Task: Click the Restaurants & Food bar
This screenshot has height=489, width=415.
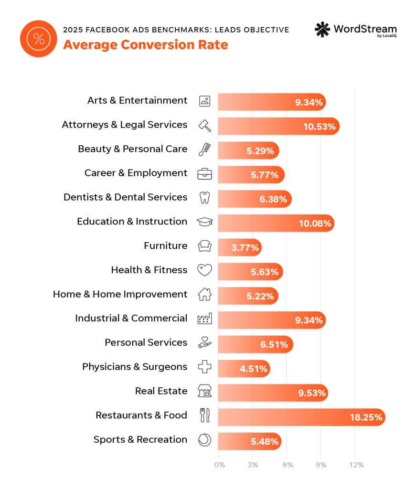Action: coord(301,417)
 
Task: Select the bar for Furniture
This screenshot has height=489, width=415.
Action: coord(239,247)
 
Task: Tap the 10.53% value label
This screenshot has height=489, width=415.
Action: coord(320,126)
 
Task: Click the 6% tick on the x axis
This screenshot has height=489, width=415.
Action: coord(287,465)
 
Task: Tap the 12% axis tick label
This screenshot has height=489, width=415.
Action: coord(356,465)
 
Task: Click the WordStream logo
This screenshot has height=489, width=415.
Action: coord(355,30)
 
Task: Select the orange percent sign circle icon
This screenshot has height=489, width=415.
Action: coord(39,39)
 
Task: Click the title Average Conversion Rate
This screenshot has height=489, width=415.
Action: coord(145,45)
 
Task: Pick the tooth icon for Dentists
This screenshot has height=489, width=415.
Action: coord(204,198)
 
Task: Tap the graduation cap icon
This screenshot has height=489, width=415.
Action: coord(204,222)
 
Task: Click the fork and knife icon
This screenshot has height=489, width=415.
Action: coord(204,415)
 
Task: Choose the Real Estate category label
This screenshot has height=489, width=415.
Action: coord(161,391)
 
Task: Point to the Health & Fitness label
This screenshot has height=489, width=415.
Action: coord(149,270)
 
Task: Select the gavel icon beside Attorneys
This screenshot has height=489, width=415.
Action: coord(204,125)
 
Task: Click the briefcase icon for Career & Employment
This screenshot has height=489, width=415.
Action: coord(204,173)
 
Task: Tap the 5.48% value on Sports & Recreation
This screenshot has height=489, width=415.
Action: coord(264,441)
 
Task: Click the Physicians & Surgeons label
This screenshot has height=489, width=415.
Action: coord(135,367)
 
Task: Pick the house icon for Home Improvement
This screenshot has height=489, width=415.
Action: coord(204,295)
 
